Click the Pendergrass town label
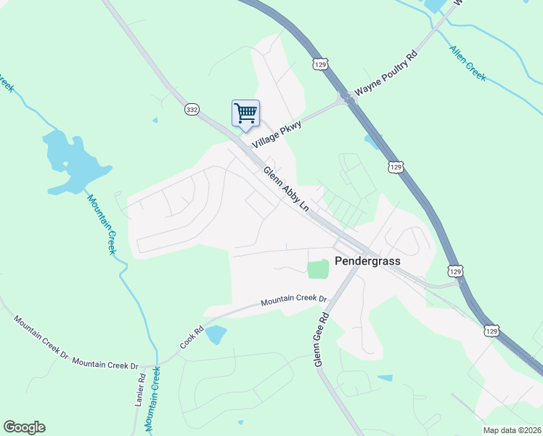[367, 261]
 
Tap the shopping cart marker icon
[245, 113]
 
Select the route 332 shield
[192, 109]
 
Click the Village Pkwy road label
[276, 135]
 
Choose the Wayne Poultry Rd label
[385, 75]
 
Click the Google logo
[24, 427]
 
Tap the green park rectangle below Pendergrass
[318, 269]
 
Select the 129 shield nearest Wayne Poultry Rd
[320, 64]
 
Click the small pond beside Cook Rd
[216, 335]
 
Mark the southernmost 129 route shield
[491, 331]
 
